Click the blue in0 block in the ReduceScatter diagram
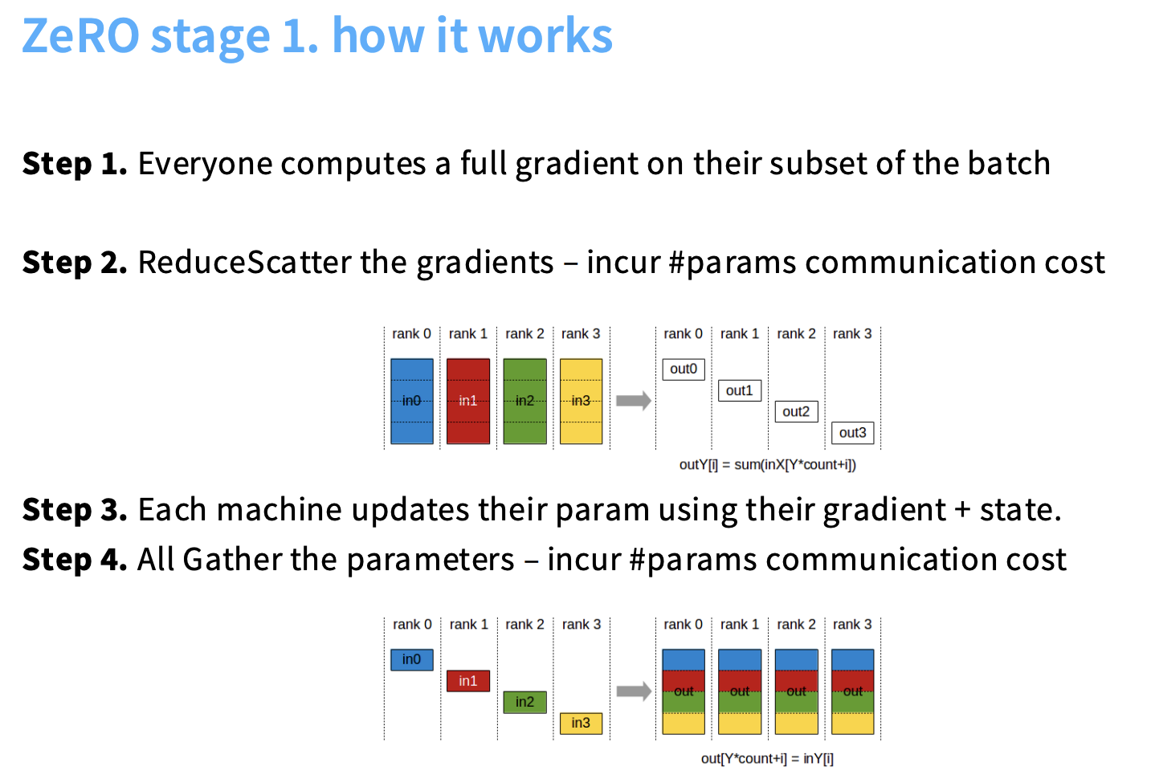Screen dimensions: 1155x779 (411, 401)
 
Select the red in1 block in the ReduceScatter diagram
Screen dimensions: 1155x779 (468, 401)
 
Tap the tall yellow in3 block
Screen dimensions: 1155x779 (581, 401)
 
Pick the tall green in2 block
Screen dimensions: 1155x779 (525, 401)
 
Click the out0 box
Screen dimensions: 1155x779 (684, 369)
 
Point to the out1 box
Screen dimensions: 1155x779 (740, 391)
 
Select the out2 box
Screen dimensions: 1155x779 (797, 411)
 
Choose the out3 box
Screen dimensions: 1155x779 (853, 433)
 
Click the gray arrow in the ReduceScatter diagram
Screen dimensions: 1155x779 (634, 401)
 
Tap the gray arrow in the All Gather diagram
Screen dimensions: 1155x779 (634, 691)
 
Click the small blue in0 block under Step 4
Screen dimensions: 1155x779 (411, 660)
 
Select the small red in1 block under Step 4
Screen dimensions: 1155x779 (468, 681)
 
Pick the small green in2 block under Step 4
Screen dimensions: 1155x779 (525, 702)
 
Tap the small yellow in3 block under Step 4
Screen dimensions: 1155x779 (581, 724)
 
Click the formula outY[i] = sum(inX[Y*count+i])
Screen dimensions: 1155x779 (768, 465)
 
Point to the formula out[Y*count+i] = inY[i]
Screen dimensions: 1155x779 (767, 758)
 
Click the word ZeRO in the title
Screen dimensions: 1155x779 (80, 35)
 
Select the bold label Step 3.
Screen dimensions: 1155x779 (75, 510)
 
